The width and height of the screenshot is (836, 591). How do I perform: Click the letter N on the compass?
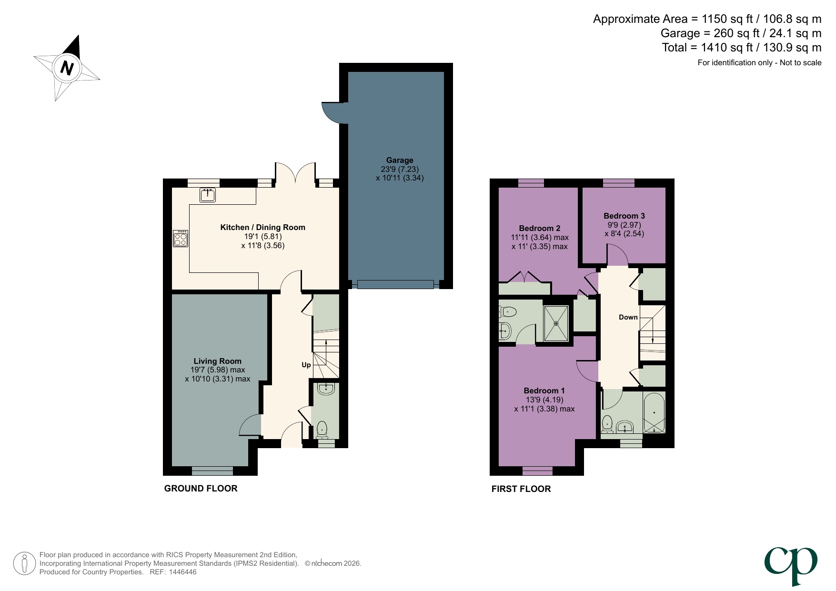pos(67,68)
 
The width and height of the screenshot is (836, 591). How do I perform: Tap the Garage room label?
pos(400,160)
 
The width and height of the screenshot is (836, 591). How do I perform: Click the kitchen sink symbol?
pos(208,195)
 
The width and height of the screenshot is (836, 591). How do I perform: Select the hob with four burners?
pos(181,238)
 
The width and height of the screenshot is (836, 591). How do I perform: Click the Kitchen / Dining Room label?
pos(262,228)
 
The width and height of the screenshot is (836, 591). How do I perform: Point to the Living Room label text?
pos(217,361)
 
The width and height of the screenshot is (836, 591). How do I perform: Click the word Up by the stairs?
pos(306,365)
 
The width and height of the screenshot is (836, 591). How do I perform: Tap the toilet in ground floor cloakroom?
pos(322,429)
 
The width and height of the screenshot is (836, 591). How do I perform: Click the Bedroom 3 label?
pos(624,216)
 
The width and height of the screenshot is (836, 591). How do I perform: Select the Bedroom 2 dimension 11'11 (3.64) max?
pos(540,238)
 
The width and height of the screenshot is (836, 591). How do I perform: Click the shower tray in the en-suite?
pos(556,323)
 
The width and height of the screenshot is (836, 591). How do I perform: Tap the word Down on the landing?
pos(628,317)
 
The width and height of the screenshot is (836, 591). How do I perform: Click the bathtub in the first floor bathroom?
pos(654,412)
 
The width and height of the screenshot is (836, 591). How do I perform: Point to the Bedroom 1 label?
pos(544,391)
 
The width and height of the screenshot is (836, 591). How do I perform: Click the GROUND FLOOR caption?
pos(201,489)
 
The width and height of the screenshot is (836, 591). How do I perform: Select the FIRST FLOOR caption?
pos(521,489)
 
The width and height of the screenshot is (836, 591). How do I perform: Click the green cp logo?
pos(791,564)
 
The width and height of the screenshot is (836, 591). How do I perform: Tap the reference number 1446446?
pos(180,572)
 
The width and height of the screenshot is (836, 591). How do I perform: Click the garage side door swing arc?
pos(331,113)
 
